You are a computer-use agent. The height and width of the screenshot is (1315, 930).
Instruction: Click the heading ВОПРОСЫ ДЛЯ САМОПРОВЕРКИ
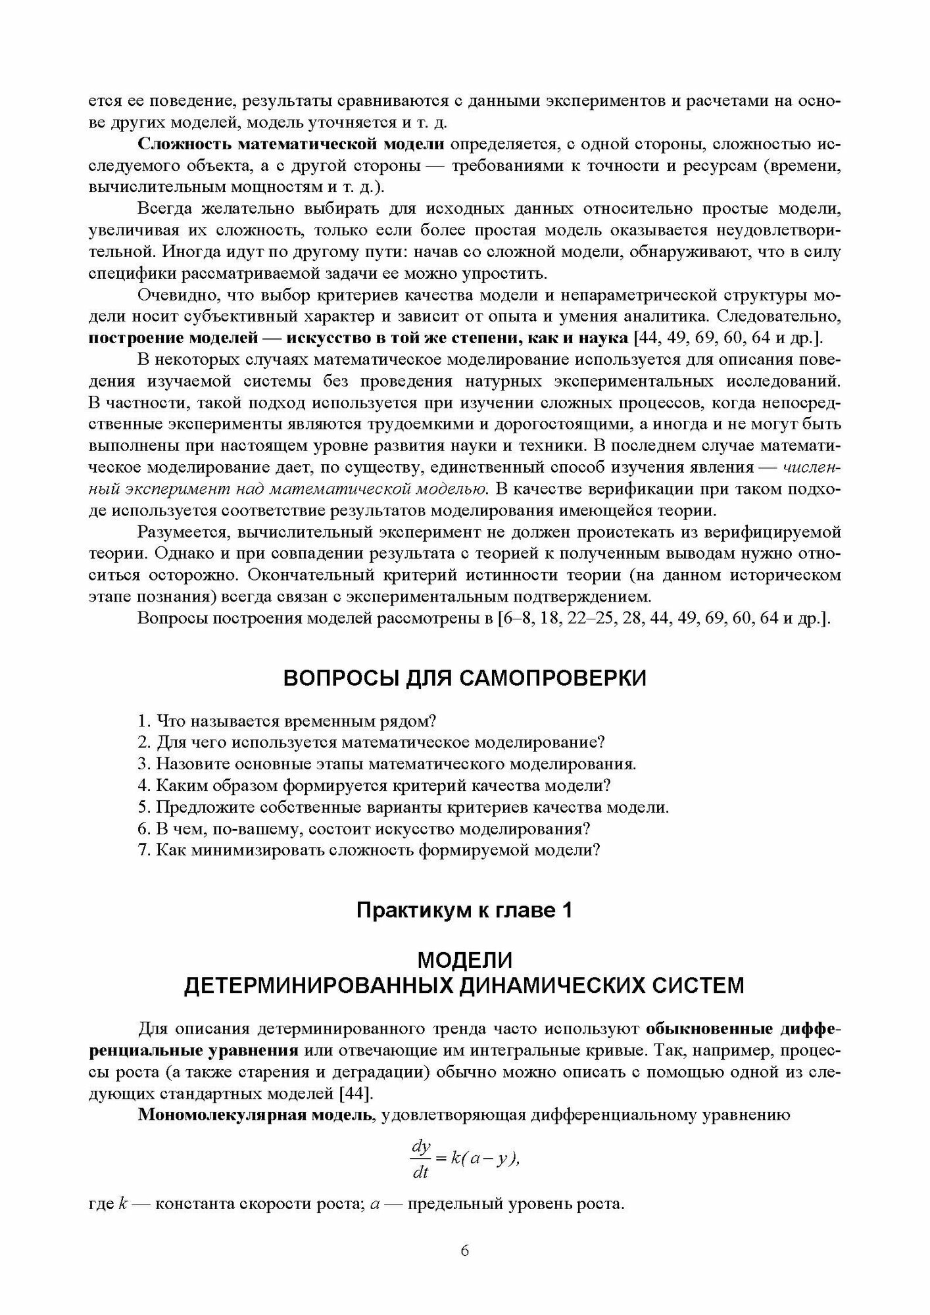pos(464,678)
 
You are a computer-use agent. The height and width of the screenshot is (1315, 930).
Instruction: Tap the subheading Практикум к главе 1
pos(464,911)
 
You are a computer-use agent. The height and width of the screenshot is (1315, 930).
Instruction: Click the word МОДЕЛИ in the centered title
pos(464,961)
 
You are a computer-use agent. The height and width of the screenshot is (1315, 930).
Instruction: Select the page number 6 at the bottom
pos(464,1251)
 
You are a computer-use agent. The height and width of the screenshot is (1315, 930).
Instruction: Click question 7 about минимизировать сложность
pos(369,849)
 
